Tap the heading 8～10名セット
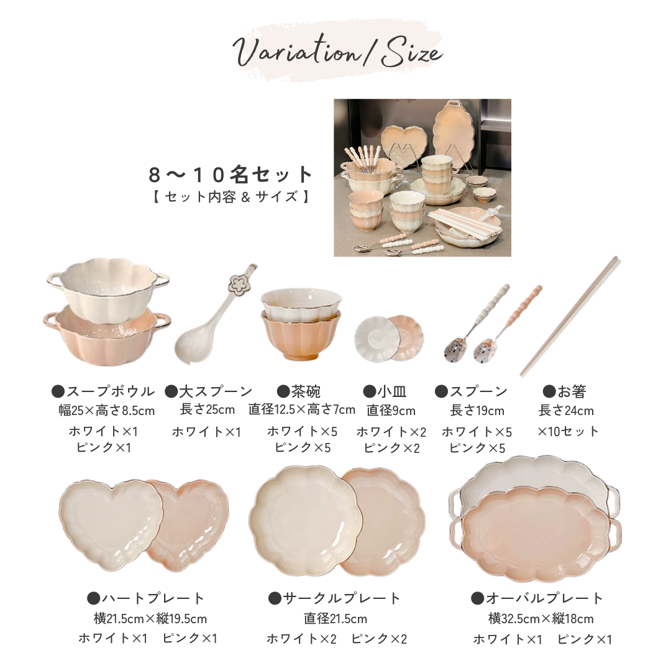pos(231,174)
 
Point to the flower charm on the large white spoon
pos(239,283)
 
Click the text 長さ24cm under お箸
pos(566,411)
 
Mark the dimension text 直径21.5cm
pos(335,618)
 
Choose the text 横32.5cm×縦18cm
pos(541,618)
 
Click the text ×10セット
pos(568,431)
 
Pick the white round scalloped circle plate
pos(306,520)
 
